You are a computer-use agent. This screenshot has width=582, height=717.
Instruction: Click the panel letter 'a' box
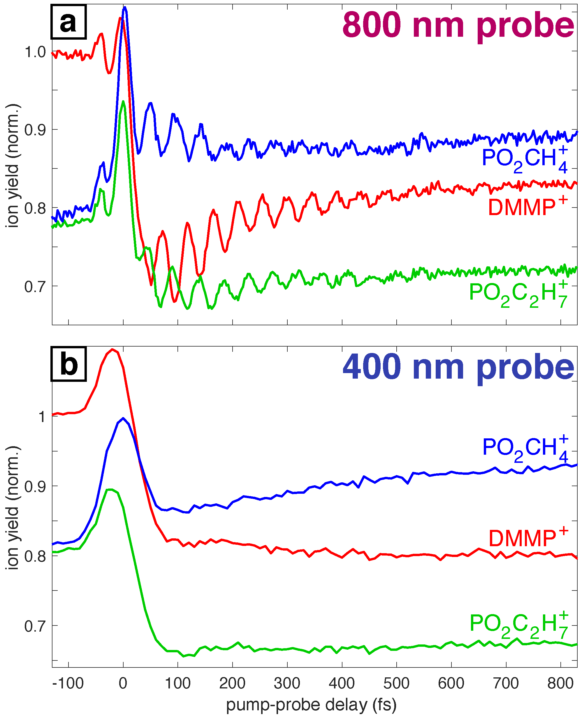pos(69,22)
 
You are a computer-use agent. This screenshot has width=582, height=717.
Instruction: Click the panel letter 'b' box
pos(69,364)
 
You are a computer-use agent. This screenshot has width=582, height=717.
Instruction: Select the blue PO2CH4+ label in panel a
pos(525,159)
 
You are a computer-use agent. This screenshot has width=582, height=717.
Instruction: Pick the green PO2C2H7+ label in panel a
pos(518,293)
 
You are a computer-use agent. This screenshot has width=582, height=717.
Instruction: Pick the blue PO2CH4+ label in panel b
pos(525,449)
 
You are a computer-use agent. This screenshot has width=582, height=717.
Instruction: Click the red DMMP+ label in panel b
pos(528,539)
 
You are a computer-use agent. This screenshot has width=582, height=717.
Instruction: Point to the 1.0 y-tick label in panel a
pos(35,52)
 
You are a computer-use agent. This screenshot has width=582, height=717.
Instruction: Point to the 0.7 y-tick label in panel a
pos(35,287)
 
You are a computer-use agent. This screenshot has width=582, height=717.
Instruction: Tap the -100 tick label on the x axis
pos(68,683)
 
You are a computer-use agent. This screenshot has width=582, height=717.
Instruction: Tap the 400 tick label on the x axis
pos(342,683)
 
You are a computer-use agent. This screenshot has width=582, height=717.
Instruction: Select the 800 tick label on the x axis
pos(560,683)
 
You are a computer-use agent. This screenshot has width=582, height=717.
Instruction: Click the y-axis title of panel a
pos(13,166)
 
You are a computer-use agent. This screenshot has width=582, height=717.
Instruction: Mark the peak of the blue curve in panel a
pos(125,7)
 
